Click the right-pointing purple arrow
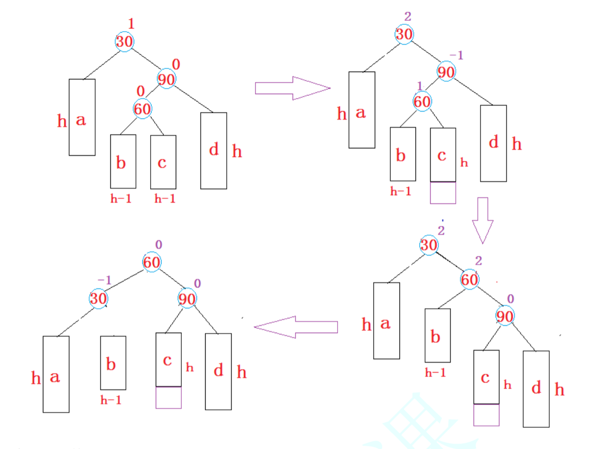[x=293, y=88]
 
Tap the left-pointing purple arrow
[x=296, y=327]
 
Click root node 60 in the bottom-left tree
[x=151, y=262]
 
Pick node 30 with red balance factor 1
[x=124, y=42]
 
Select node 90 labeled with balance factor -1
[x=446, y=72]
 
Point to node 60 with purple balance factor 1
[x=422, y=101]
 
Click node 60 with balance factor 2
[x=470, y=280]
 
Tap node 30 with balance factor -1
[x=98, y=298]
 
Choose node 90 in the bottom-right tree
[x=505, y=316]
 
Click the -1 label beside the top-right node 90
[x=456, y=55]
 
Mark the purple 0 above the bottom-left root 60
[x=158, y=245]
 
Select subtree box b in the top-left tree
[x=123, y=161]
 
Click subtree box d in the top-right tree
[x=493, y=143]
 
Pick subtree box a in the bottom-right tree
[x=387, y=321]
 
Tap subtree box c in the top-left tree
[x=163, y=162]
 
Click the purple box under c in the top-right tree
[x=443, y=193]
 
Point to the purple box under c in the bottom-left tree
[x=168, y=397]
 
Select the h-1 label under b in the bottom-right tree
[x=435, y=373]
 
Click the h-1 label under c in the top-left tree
[x=165, y=199]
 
